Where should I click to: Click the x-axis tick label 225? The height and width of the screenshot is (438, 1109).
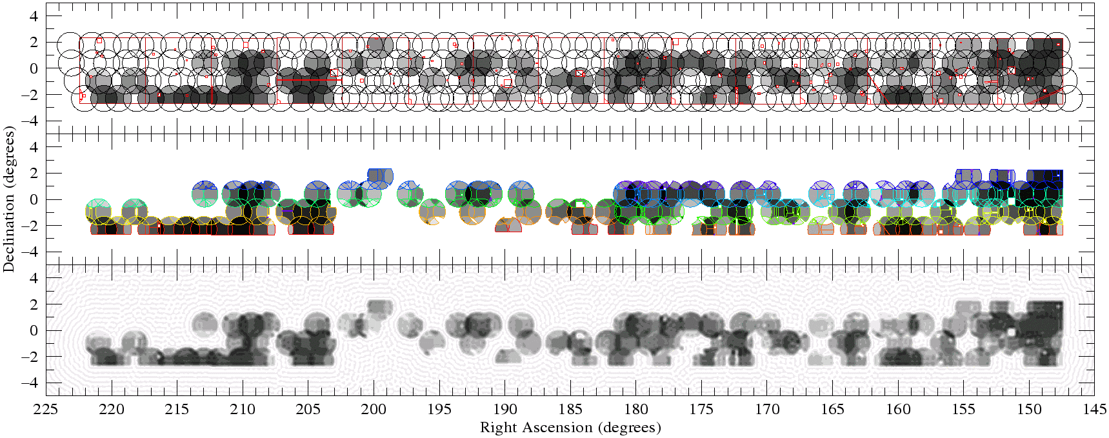46,409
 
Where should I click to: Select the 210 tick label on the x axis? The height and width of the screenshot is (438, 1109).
243,409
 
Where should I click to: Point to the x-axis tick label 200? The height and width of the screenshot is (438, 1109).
374,409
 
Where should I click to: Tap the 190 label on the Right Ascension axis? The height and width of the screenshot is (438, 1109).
505,409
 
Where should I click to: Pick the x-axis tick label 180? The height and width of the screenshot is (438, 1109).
636,409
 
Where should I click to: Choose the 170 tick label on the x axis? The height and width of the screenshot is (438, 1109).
767,409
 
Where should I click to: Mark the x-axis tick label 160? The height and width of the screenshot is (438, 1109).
898,409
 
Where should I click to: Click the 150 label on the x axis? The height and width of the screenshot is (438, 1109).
1029,409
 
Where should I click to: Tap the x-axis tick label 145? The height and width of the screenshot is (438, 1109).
1095,409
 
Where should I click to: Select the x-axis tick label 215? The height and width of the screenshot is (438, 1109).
177,409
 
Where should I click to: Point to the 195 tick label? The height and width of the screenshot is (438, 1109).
439,409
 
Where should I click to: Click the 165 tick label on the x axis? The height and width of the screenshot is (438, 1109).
833,409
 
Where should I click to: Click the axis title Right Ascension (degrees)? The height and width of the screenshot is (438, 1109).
570,427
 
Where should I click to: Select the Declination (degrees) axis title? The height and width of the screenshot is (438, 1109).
9,199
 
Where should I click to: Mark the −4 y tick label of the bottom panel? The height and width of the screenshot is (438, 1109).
30,383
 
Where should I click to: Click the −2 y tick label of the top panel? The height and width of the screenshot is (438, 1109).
30,94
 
